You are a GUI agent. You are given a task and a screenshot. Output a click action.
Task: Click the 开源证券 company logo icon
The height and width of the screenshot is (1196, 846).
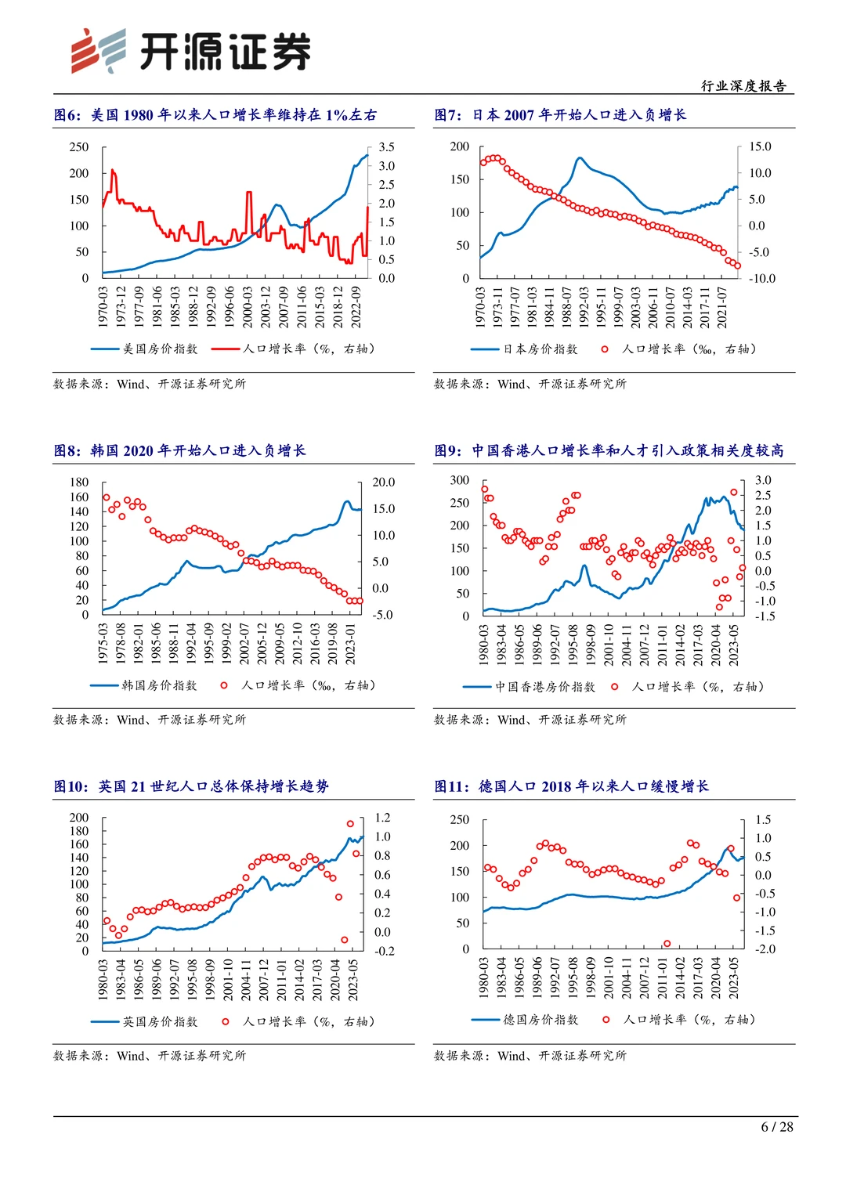[98, 51]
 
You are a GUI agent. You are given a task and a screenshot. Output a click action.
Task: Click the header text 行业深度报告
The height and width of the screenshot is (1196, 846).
[743, 86]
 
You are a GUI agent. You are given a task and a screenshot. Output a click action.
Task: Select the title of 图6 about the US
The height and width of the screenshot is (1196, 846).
[215, 115]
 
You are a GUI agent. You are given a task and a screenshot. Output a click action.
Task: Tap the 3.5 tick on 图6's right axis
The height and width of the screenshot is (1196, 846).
[386, 147]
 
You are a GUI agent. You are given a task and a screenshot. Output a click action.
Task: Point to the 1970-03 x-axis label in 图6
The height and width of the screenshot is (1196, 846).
[103, 306]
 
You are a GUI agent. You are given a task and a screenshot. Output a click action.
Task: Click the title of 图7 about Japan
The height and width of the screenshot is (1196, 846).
[560, 115]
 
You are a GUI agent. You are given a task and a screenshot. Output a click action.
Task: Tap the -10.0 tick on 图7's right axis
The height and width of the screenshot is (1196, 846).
[761, 278]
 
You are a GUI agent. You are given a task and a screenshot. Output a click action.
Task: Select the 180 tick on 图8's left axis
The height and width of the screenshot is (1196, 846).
[79, 482]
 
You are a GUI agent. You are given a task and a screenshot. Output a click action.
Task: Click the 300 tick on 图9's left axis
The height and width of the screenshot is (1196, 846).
[460, 480]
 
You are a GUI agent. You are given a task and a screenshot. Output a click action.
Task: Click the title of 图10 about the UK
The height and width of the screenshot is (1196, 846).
[191, 786]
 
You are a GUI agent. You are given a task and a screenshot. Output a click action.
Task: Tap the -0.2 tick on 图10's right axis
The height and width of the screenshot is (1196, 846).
[384, 951]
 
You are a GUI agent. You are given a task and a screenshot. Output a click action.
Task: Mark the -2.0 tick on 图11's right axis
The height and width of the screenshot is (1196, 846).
[765, 948]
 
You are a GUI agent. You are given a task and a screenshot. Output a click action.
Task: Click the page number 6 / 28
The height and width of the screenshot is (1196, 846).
[776, 1126]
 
